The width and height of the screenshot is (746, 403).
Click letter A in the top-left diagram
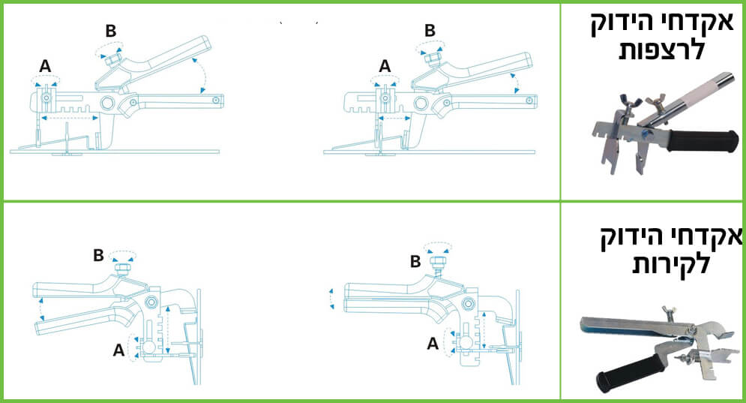45,66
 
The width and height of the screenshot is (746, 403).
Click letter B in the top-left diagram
110,31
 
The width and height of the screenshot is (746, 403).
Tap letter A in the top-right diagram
385,66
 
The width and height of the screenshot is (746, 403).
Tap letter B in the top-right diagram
430,31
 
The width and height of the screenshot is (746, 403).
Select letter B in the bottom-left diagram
98,255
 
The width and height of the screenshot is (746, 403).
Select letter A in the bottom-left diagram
118,350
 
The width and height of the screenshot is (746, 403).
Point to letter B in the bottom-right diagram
415,261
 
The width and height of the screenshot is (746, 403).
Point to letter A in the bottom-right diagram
433,344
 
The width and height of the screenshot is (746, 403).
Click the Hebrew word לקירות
671,263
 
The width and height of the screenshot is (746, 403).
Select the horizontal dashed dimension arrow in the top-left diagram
70,117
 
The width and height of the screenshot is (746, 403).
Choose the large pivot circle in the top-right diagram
421,102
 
